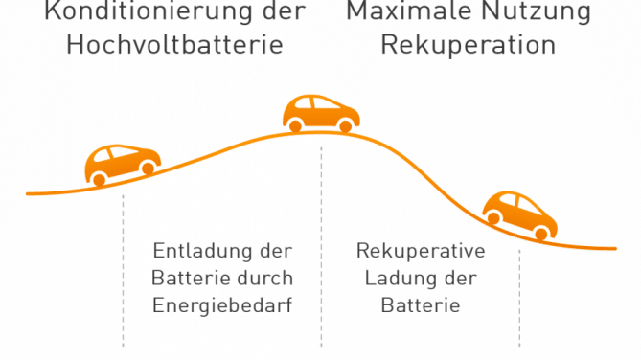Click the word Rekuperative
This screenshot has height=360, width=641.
tap(421, 252)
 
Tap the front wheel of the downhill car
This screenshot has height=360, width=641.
tap(543, 232)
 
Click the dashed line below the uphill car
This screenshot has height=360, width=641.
tap(123, 278)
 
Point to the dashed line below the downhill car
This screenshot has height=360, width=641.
tap(520, 297)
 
